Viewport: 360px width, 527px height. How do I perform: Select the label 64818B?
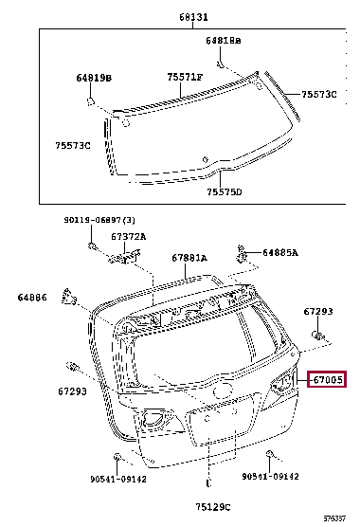(224, 42)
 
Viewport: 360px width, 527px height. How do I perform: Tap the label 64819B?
(94, 78)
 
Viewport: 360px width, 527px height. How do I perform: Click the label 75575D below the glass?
(225, 191)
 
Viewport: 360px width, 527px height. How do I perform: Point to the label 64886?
(31, 298)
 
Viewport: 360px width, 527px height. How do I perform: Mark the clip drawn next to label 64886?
(67, 296)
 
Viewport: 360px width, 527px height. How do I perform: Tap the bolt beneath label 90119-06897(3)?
(92, 248)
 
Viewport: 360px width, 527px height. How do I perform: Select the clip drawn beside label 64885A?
(243, 253)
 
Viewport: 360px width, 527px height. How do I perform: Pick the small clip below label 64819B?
(89, 100)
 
